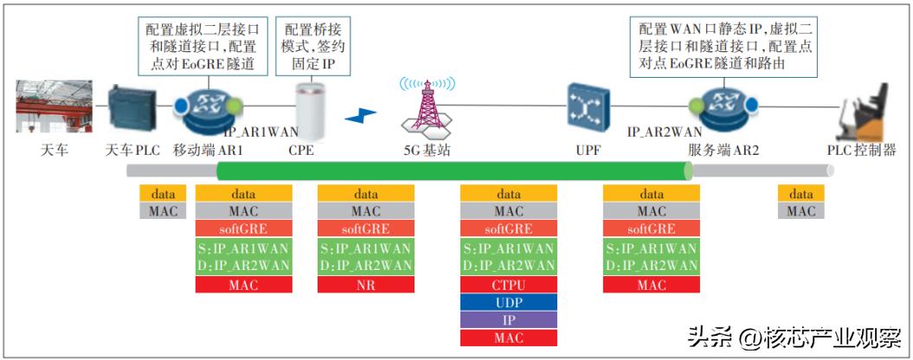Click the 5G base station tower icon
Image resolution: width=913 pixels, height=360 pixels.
coord(427,108)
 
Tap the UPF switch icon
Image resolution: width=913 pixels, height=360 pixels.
coord(582,107)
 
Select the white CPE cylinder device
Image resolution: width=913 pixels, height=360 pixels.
coord(309,112)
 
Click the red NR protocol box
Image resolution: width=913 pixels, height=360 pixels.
coord(366,285)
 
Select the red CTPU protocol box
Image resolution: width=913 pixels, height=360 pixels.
coord(508,285)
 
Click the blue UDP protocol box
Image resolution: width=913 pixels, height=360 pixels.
coord(508,303)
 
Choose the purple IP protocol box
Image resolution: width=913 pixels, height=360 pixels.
coord(508,320)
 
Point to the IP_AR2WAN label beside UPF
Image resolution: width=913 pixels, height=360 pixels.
coord(665,132)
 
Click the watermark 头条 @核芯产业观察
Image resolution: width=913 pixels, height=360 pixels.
coord(795,336)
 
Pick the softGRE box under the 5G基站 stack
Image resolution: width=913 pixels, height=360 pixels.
coord(508,229)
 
